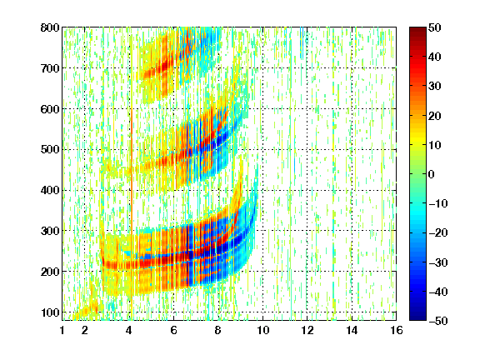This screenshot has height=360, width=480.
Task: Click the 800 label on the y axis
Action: pyautogui.click(x=50, y=27)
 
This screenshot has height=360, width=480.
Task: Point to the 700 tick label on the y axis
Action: pyautogui.click(x=50, y=68)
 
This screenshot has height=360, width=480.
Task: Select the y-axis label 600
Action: pyautogui.click(x=50, y=109)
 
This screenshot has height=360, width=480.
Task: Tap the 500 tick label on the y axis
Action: pyautogui.click(x=50, y=150)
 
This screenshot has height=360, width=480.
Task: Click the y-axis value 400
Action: pyautogui.click(x=50, y=190)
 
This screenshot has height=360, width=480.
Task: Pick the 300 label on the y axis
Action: pyautogui.click(x=50, y=231)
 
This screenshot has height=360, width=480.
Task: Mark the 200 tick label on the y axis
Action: pyautogui.click(x=50, y=272)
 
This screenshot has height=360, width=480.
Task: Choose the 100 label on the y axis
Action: pyautogui.click(x=50, y=312)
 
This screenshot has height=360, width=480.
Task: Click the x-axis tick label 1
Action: pyautogui.click(x=62, y=330)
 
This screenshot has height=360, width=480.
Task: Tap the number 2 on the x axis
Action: pyautogui.click(x=85, y=330)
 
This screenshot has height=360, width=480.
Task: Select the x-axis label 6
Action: pyautogui.click(x=174, y=330)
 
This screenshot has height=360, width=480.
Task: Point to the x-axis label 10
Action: pyautogui.click(x=262, y=330)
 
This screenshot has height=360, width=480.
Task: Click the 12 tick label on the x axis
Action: pyautogui.click(x=307, y=330)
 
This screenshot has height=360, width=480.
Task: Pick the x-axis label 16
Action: pyautogui.click(x=397, y=330)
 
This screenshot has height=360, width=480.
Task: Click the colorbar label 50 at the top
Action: pyautogui.click(x=434, y=27)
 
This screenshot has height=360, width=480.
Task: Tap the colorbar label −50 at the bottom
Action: pyautogui.click(x=438, y=321)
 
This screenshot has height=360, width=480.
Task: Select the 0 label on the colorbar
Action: pyautogui.click(x=432, y=174)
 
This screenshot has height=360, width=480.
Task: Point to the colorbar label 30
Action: pyautogui.click(x=434, y=87)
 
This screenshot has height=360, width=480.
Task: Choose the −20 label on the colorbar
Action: pyautogui.click(x=438, y=233)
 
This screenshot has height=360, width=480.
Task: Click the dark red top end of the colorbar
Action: pyautogui.click(x=417, y=29)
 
